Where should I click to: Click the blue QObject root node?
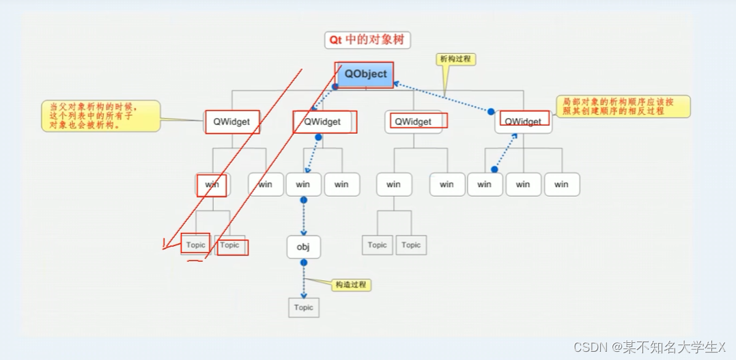point(365,74)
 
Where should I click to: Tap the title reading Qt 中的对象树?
point(367,40)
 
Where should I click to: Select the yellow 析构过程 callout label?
point(455,59)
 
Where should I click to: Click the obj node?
point(303,247)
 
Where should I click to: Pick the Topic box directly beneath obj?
point(303,307)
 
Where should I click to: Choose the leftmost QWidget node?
point(232,122)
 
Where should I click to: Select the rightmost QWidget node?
point(524,122)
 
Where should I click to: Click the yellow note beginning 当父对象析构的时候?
point(101,116)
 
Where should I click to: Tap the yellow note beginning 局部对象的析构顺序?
point(623,106)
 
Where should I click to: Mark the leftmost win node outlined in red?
point(212,184)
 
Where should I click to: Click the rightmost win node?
point(561,184)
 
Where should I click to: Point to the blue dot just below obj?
point(304,262)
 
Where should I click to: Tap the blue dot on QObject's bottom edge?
point(335,87)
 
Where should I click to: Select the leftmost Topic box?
point(196,245)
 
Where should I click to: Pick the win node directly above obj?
point(303,184)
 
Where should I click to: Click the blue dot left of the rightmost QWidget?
point(491,111)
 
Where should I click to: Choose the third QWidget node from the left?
point(413,122)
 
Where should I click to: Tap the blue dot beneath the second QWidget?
point(318,137)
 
